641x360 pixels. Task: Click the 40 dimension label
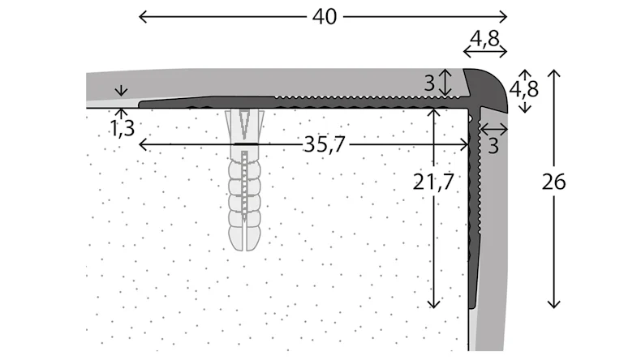[324, 16]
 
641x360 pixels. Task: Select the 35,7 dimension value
[324, 145]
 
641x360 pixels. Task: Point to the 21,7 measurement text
[433, 183]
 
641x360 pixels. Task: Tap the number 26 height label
[554, 183]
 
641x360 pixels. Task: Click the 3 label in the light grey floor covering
[429, 82]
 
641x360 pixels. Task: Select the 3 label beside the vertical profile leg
[493, 145]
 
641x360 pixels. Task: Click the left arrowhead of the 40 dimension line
[141, 16]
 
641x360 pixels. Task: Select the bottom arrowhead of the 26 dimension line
[554, 305]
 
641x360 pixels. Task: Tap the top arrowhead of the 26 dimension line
[554, 73]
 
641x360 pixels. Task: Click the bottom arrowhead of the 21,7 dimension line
[434, 305]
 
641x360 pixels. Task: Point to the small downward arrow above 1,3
[122, 91]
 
